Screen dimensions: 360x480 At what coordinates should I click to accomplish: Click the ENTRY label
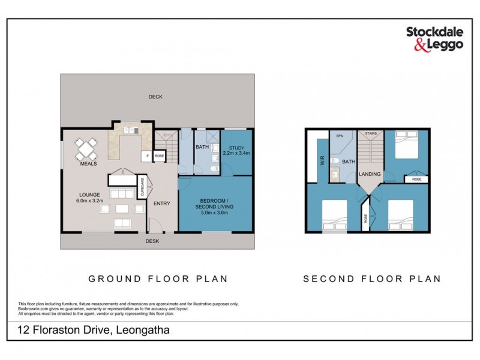pos(162,204)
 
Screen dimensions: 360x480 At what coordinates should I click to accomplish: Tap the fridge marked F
pos(146,156)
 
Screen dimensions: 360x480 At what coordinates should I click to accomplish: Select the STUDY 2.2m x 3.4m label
pos(235,150)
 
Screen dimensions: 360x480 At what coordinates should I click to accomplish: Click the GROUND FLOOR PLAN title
pos(155,279)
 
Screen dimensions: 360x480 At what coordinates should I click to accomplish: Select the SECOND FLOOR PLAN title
pos(372,279)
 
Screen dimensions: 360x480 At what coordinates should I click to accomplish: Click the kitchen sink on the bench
pos(130,130)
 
